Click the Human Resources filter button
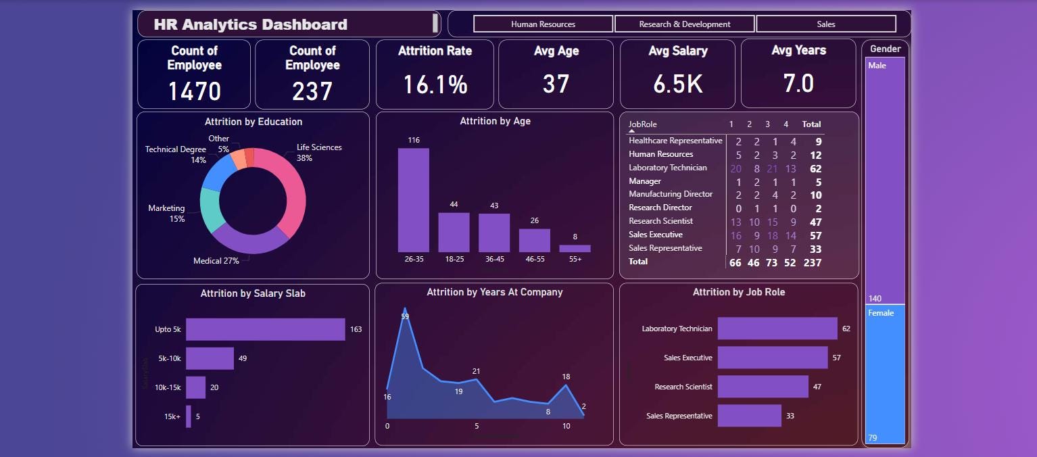point(543,24)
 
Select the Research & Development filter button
point(684,24)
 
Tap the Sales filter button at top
point(825,24)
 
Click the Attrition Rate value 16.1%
point(435,85)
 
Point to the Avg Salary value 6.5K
point(677,84)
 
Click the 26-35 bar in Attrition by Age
point(413,200)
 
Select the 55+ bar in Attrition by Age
point(575,248)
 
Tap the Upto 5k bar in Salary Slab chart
point(265,329)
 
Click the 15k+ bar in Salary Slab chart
point(189,416)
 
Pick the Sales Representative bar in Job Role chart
point(749,416)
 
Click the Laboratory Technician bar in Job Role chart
point(777,329)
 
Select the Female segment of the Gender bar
point(885,374)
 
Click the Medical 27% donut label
point(216,261)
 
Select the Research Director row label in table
point(660,208)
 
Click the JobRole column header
point(642,124)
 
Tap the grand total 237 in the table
point(811,262)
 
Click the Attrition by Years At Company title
point(494,292)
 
